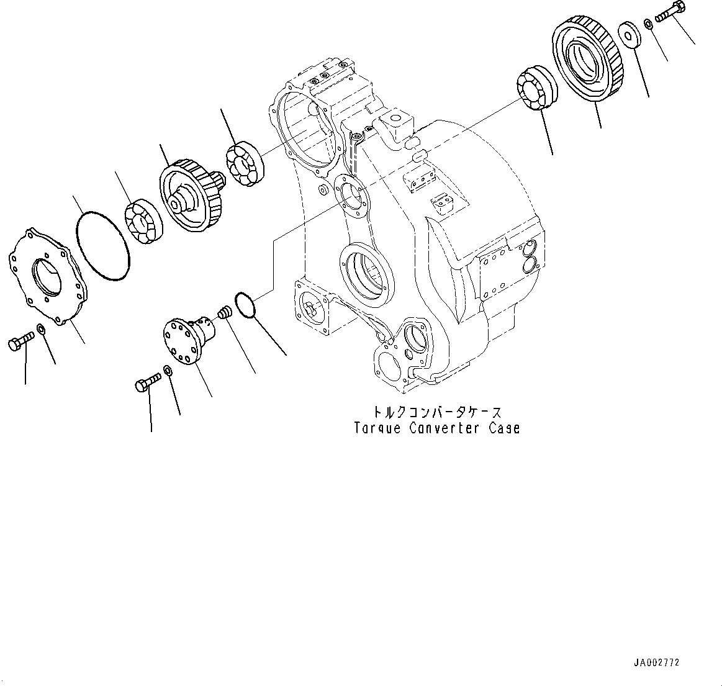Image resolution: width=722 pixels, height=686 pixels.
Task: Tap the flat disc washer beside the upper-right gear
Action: (x=630, y=34)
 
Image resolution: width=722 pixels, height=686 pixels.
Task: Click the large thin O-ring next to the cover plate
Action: (x=103, y=246)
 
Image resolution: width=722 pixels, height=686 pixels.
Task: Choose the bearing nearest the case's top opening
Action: (x=245, y=165)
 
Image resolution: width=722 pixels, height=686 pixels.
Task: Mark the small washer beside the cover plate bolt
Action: (x=41, y=328)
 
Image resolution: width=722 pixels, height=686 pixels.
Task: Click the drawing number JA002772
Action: (x=657, y=662)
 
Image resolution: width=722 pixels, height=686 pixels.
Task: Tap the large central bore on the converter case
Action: (x=366, y=274)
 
